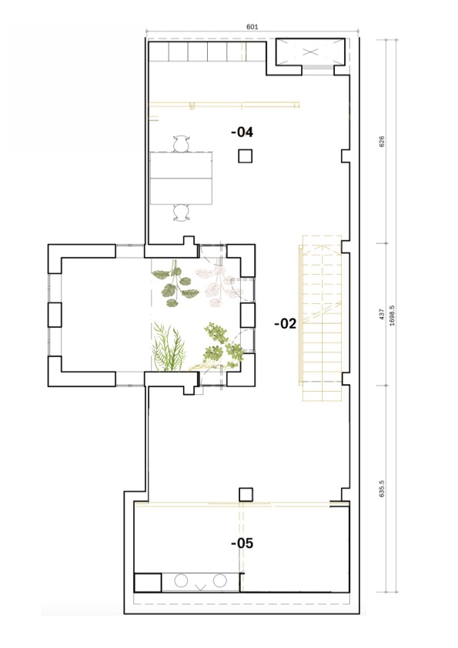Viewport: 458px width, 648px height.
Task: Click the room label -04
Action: [x=242, y=132]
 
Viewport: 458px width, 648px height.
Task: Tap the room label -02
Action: [x=286, y=323]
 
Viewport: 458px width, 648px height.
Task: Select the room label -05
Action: [x=242, y=543]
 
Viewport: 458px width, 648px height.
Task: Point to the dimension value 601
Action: [x=252, y=27]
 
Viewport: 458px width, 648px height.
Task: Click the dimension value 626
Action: [x=382, y=141]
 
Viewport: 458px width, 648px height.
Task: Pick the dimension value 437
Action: [x=382, y=314]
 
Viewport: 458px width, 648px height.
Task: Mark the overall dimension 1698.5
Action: [x=392, y=316]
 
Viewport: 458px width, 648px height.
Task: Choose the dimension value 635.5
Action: [x=382, y=488]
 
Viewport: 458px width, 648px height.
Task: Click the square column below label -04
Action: [x=245, y=155]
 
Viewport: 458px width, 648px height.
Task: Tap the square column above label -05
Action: [x=246, y=494]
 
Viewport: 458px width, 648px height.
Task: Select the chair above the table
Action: [x=181, y=144]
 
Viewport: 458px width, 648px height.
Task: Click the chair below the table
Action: [x=181, y=212]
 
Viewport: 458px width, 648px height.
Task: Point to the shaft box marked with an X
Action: [x=310, y=52]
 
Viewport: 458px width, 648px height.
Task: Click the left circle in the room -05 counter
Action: [x=181, y=580]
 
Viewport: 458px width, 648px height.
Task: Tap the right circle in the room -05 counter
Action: [x=220, y=580]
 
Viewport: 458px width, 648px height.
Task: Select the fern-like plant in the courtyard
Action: [x=169, y=347]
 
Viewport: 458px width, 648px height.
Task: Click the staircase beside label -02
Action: [x=322, y=318]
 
